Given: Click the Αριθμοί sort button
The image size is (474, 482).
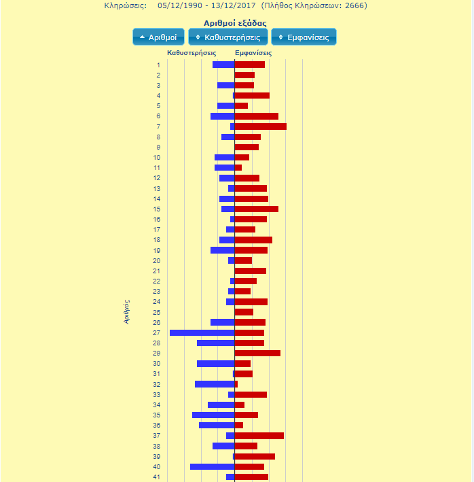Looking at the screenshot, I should (158, 37).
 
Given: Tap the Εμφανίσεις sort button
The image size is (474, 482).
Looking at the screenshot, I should (304, 37).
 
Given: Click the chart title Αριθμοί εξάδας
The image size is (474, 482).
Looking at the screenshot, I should (234, 23).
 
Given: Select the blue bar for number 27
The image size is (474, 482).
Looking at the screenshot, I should (202, 332).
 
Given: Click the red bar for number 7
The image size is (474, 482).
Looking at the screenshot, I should (260, 126).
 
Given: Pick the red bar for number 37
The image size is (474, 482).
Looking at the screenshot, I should (259, 436).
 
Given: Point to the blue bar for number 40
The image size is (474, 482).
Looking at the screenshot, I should (212, 466).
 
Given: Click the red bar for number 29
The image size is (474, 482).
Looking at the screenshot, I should (257, 353).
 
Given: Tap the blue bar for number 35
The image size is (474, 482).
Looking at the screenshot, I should (213, 415).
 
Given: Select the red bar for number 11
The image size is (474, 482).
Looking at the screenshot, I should (238, 167).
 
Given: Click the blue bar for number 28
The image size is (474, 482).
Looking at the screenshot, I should (215, 343).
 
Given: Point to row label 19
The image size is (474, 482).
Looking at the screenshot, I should (157, 250).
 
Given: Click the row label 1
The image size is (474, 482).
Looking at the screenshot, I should (158, 65).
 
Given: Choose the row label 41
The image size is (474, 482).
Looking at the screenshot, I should (157, 477).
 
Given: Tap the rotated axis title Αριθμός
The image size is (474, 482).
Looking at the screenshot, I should (127, 311).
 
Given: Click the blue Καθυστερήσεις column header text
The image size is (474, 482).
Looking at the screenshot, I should (192, 52).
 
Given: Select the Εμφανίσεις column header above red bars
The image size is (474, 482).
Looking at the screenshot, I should (253, 52).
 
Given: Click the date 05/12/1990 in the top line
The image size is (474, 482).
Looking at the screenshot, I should (180, 5).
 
